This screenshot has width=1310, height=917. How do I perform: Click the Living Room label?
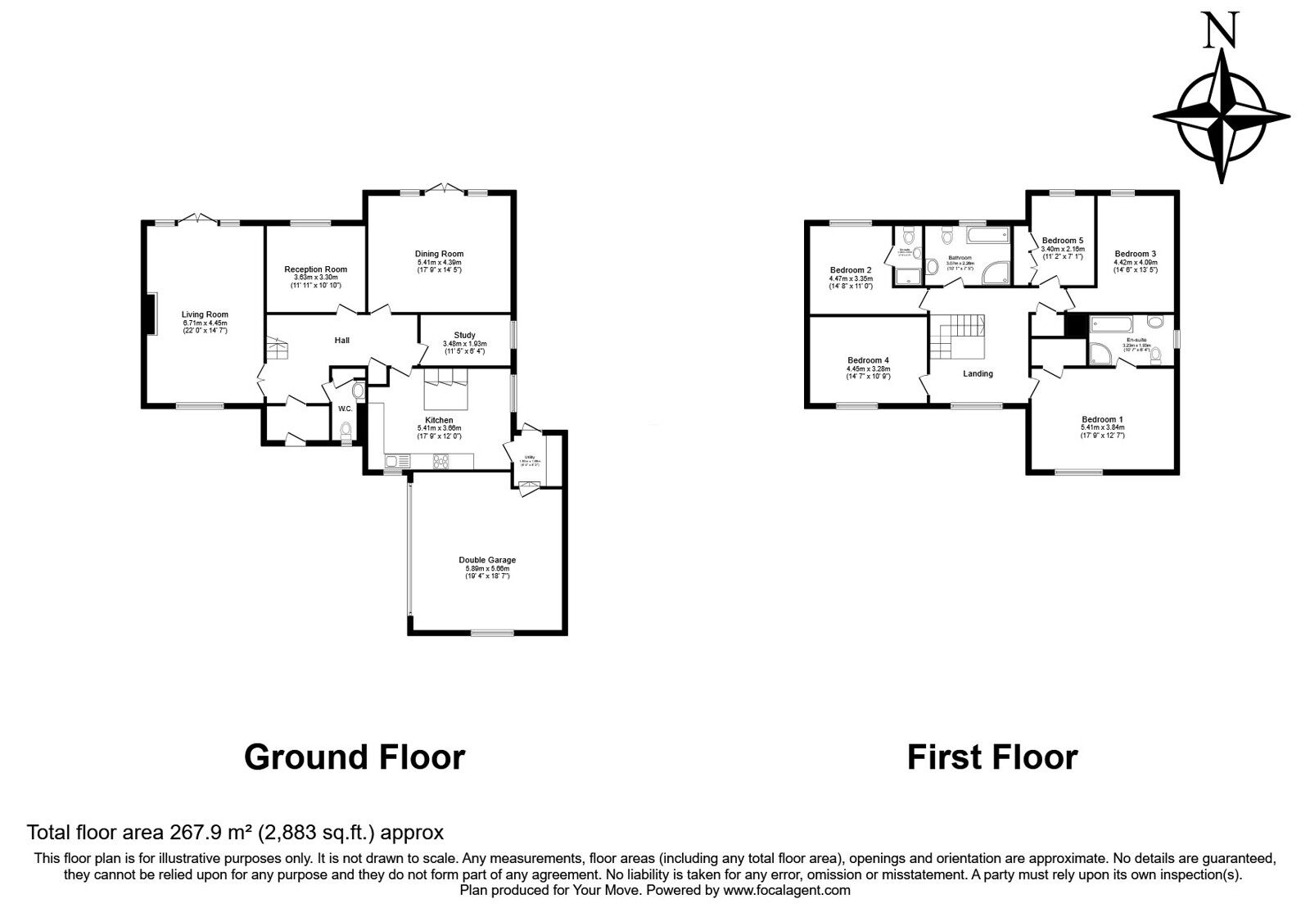click(x=205, y=314)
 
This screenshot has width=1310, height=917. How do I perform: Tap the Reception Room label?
click(x=315, y=269)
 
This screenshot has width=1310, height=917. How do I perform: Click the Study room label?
click(x=464, y=335)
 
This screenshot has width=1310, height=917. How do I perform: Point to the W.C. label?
click(x=345, y=409)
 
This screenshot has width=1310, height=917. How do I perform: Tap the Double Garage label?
click(x=487, y=560)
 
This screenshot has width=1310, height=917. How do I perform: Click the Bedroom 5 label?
click(x=1062, y=241)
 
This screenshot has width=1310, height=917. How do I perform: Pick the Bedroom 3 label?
click(x=1135, y=254)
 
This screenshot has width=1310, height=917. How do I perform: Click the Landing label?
click(x=978, y=373)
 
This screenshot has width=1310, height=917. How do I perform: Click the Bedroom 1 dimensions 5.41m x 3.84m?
click(x=1102, y=427)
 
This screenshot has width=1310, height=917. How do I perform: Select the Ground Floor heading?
click(x=355, y=757)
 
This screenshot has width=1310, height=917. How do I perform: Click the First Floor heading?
click(x=992, y=757)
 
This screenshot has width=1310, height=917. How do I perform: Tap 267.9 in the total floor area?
click(x=196, y=833)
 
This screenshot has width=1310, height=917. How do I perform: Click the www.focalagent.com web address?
click(x=786, y=890)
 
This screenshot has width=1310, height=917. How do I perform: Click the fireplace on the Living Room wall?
click(x=149, y=314)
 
